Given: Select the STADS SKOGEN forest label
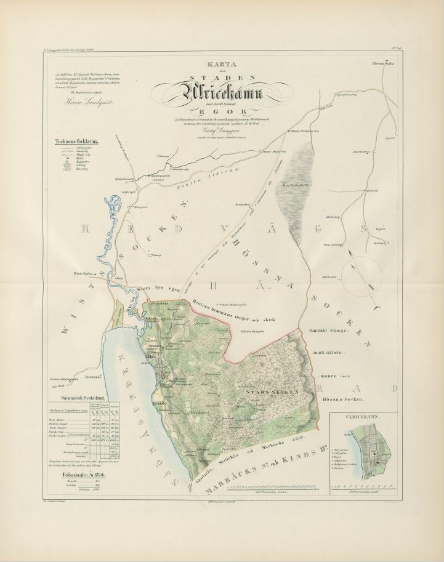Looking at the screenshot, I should (x=272, y=391).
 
